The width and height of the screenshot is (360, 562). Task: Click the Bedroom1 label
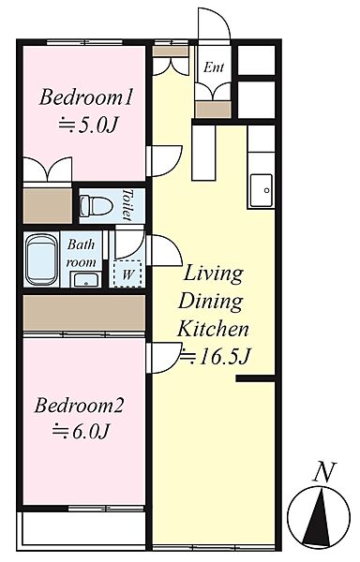(86, 97)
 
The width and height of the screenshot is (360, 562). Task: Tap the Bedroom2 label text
(79, 406)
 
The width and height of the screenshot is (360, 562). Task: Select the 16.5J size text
(215, 356)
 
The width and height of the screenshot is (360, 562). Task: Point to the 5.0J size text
(88, 126)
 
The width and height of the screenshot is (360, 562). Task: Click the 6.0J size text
(81, 431)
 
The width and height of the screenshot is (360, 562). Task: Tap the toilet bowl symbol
(96, 206)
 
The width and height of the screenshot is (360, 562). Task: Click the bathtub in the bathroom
(42, 259)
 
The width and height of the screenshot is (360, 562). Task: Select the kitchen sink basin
(261, 190)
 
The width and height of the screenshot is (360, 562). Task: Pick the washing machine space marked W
(127, 274)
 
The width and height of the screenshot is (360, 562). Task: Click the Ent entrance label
(214, 67)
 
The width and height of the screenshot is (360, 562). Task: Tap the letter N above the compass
(325, 471)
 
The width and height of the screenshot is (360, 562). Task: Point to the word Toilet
(127, 204)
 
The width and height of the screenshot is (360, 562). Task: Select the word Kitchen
(213, 329)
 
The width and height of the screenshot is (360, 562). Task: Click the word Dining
(211, 302)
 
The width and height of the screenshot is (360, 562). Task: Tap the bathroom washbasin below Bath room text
(86, 279)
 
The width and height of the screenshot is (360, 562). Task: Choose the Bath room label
(82, 254)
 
